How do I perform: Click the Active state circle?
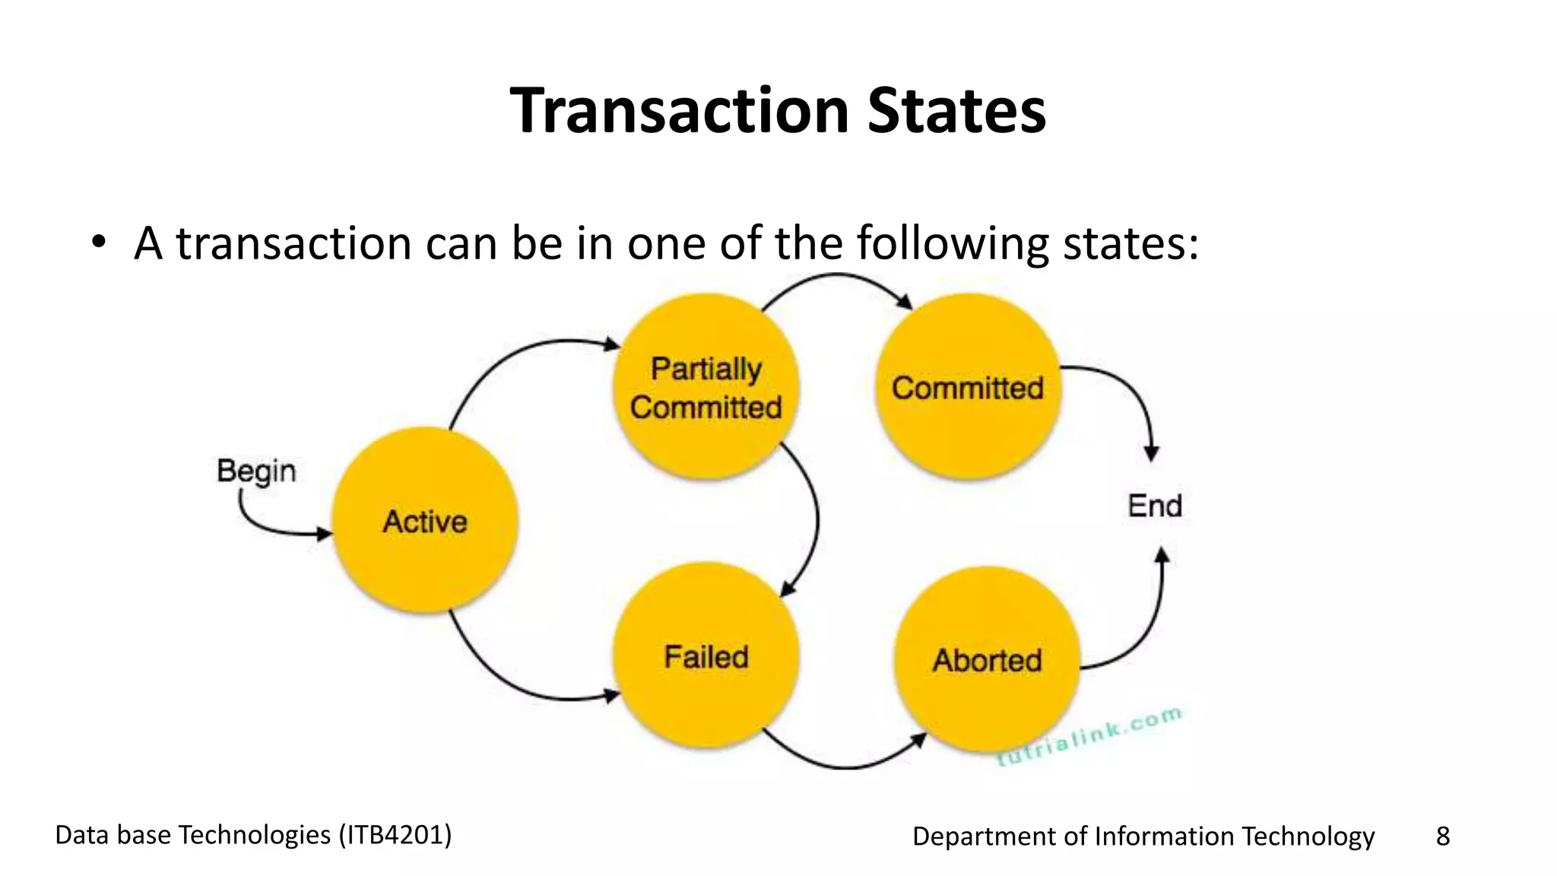426,521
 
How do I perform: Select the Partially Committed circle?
706,387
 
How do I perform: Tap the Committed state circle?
968,387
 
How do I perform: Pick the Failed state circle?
706,656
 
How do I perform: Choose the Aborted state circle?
987,660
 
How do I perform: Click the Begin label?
256,471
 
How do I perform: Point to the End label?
1155,506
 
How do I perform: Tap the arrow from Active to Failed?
502,677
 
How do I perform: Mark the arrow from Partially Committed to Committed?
836,278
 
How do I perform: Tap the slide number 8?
1442,836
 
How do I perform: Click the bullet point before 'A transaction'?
97,243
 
